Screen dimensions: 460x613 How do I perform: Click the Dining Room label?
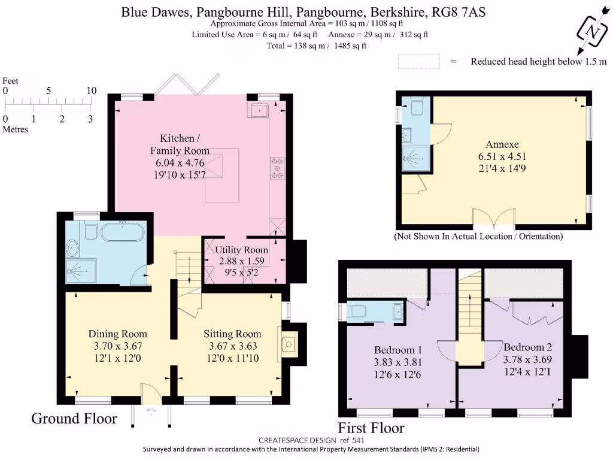[x=117, y=334]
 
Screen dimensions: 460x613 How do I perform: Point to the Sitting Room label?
[x=232, y=334]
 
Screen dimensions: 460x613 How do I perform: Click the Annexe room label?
[x=502, y=144]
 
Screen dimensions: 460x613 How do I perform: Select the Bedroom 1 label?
[x=398, y=350]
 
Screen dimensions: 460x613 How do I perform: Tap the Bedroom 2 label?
[x=527, y=347]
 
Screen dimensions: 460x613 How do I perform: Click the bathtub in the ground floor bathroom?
[x=123, y=232]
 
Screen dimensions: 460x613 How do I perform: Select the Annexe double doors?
[x=494, y=219]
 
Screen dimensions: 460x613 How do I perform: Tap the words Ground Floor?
[x=74, y=418]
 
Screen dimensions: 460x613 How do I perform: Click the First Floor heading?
[x=371, y=428]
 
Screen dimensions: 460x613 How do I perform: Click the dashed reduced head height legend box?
[x=418, y=61]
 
